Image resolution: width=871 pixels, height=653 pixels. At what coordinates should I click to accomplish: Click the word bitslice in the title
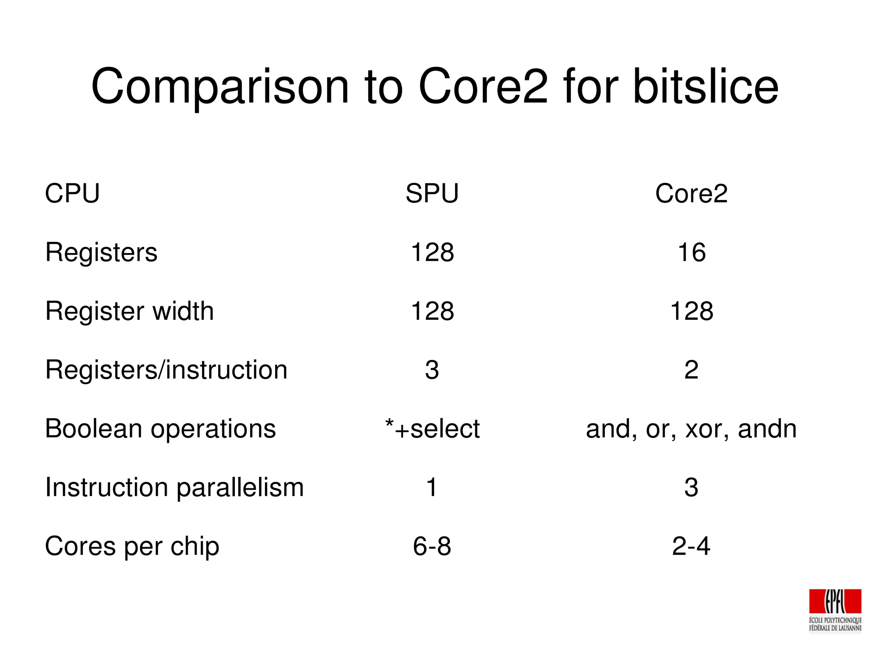tap(706, 87)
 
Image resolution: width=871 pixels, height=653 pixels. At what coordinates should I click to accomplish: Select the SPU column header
tap(432, 194)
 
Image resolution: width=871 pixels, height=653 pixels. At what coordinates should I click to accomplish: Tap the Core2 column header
tap(691, 194)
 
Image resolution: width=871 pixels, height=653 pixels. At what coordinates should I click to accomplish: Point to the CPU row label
tap(72, 194)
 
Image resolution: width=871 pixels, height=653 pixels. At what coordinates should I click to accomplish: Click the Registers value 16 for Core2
tap(692, 252)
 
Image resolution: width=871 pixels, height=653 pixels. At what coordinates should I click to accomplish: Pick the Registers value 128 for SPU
tap(432, 252)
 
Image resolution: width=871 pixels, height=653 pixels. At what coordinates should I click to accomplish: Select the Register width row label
tap(129, 311)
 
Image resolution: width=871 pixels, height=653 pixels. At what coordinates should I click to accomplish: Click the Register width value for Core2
tap(692, 311)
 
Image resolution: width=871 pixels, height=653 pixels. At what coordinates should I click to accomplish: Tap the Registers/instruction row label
tap(166, 370)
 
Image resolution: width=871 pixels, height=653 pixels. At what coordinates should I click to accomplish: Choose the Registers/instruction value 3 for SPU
tap(432, 370)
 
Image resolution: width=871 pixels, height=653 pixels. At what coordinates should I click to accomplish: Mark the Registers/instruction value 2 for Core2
tap(692, 370)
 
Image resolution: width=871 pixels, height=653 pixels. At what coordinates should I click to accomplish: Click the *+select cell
tap(432, 428)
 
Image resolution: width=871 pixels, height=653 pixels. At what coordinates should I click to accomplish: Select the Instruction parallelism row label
tap(174, 488)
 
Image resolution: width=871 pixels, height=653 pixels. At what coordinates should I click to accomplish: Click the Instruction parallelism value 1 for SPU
tap(432, 488)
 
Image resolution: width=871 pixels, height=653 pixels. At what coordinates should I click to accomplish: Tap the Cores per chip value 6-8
tap(432, 546)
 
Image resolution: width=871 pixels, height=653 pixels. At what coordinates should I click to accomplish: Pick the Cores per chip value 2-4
tap(691, 546)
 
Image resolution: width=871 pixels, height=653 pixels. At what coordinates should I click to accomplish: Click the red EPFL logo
tap(835, 602)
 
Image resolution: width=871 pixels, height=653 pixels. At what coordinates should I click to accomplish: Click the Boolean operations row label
tap(160, 428)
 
